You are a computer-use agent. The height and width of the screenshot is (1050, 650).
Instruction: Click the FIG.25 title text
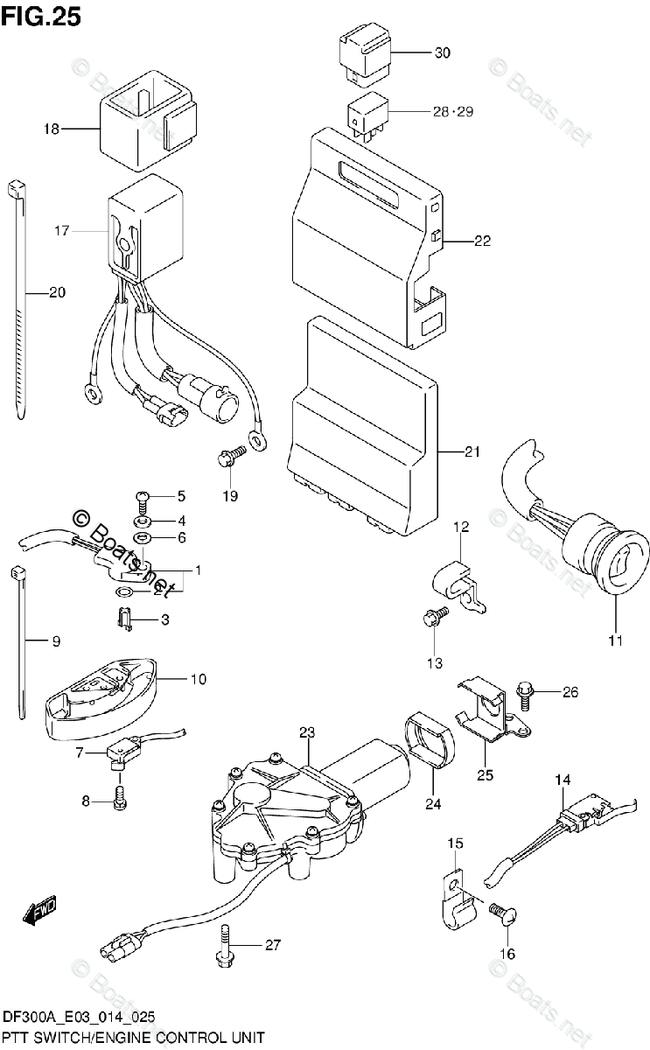tap(41, 16)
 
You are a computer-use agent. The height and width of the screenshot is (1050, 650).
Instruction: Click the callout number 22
tap(482, 241)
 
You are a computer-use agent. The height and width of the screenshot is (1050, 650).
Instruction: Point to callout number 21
tap(472, 452)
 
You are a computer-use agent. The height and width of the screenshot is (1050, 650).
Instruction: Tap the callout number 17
tap(60, 231)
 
